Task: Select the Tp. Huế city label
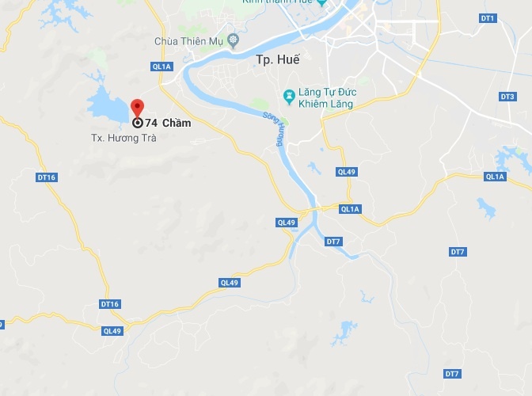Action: [275, 59]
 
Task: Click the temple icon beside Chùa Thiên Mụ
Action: [232, 40]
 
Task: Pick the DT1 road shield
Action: [488, 17]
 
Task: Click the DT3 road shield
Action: [507, 97]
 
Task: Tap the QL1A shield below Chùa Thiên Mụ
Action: [161, 67]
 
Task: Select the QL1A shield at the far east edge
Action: [496, 177]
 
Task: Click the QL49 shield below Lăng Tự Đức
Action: [347, 172]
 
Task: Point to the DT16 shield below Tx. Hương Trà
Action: [47, 177]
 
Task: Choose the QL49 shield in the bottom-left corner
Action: [112, 331]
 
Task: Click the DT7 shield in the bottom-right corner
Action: [452, 374]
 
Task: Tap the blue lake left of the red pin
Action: [106, 108]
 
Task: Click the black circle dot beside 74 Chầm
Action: [137, 123]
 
